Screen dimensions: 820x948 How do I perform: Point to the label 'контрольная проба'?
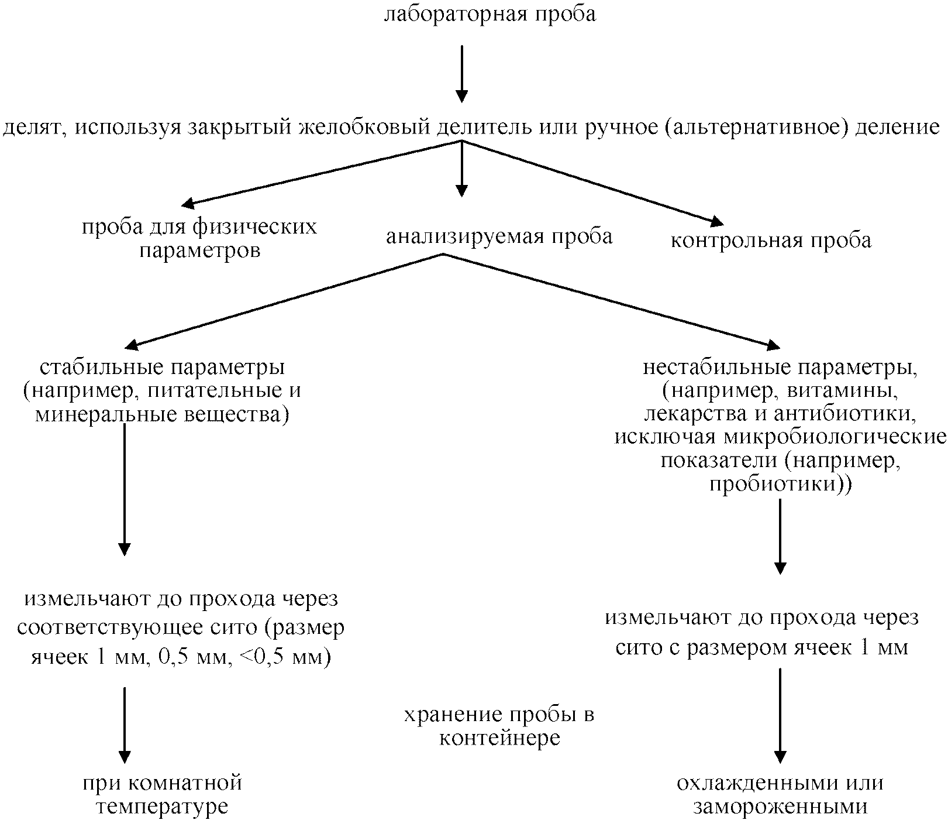point(771,241)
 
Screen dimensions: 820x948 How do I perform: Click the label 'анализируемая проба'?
point(499,236)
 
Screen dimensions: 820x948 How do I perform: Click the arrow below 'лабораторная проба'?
point(462,73)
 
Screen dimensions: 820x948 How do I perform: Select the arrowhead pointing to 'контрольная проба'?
point(717,222)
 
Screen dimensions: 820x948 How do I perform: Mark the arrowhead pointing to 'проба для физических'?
point(187,204)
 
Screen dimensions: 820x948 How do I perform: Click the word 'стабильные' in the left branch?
point(105,368)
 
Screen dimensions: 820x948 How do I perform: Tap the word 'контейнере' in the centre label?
point(499,738)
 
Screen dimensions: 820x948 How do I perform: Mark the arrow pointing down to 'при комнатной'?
point(125,726)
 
